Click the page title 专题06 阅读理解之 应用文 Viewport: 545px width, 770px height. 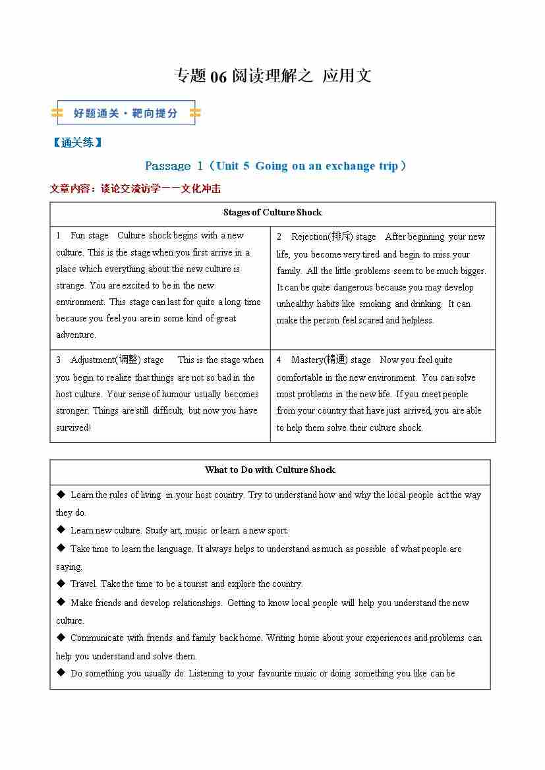272,76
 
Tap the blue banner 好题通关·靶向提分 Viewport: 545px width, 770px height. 126,113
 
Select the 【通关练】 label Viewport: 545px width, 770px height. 77,142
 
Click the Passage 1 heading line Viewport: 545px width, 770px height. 275,166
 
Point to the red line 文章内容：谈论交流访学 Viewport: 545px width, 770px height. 135,189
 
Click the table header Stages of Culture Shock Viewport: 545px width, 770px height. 272,212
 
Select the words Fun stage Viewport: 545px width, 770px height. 90,236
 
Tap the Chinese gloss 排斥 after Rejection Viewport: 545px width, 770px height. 341,236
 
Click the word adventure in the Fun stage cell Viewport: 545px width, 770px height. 76,335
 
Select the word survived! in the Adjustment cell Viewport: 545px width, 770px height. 73,427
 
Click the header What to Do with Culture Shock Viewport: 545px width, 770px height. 270,470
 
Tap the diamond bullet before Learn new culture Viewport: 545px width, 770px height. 61,530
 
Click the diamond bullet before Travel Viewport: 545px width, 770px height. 61,583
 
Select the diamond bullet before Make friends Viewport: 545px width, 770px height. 61,602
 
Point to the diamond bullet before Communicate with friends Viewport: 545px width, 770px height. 61,637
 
